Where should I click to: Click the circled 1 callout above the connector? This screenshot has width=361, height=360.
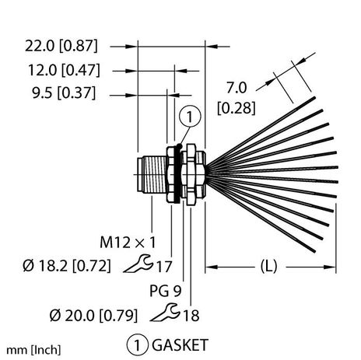[x=188, y=117]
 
